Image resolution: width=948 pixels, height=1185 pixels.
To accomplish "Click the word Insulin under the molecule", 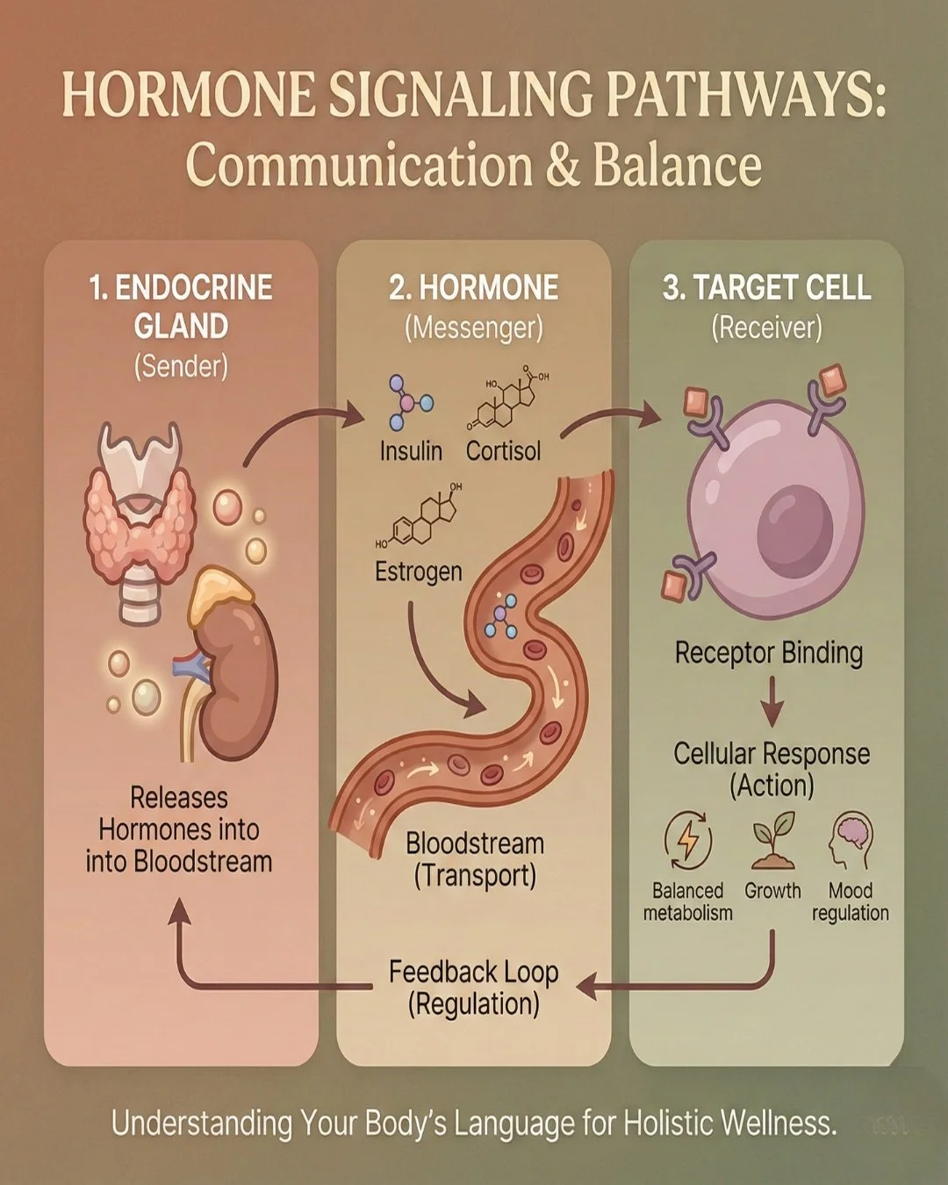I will [x=411, y=451].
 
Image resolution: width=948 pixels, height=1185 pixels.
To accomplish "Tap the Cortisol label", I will [x=503, y=451].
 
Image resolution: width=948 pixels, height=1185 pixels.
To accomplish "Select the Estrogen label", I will [x=418, y=571].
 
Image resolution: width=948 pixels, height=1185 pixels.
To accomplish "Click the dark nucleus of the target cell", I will [x=794, y=532].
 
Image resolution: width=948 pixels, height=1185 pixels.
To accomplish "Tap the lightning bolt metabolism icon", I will [x=688, y=838].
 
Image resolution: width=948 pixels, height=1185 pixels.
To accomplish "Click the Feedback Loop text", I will [x=473, y=973].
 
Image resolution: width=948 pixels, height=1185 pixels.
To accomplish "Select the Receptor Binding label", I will [x=768, y=653].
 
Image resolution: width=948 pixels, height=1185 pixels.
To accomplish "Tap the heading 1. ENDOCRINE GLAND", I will [x=181, y=306].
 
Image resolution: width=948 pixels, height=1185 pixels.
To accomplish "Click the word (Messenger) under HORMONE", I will [x=473, y=328].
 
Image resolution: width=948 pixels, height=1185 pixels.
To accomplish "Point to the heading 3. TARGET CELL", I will [x=766, y=288].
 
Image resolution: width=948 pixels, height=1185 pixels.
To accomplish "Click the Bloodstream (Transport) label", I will [x=475, y=859].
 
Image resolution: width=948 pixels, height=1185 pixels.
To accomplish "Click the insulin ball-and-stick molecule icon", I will [x=408, y=401].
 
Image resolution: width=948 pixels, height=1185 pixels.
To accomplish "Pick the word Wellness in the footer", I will [x=777, y=1123].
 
